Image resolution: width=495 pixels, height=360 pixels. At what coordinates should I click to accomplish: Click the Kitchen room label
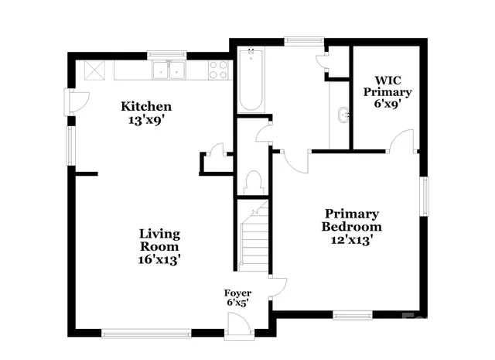(x=145, y=106)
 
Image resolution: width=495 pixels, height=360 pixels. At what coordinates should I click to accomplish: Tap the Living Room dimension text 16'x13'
(x=159, y=260)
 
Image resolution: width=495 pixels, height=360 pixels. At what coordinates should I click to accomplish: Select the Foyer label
(x=237, y=293)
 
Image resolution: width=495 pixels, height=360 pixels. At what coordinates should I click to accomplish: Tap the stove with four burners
(x=218, y=70)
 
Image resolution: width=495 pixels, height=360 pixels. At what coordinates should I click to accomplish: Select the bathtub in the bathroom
(x=251, y=81)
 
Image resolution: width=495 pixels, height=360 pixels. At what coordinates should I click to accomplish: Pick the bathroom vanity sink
(x=343, y=116)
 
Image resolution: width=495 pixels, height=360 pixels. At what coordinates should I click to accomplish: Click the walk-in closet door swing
(x=402, y=141)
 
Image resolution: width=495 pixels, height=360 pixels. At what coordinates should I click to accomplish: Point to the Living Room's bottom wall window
(x=146, y=334)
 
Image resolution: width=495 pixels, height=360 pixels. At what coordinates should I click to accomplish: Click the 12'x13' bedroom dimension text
(x=352, y=240)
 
